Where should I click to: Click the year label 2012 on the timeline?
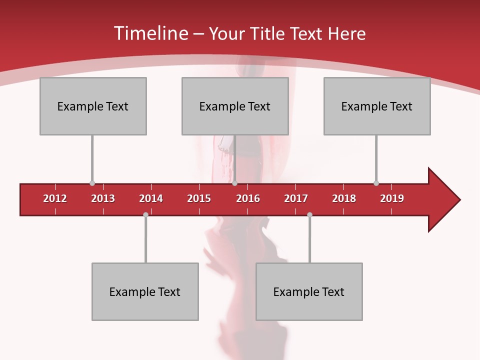click(55, 198)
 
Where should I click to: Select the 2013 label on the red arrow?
click(103, 198)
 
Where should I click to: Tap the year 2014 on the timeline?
click(151, 198)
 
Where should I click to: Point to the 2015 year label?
click(199, 198)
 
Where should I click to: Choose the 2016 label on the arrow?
click(248, 198)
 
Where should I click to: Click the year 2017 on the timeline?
click(296, 198)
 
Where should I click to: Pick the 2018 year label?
click(344, 198)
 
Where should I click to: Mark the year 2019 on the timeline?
click(392, 198)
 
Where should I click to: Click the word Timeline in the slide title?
click(150, 33)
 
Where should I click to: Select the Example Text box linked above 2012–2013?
click(93, 106)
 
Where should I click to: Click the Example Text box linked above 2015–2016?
click(235, 106)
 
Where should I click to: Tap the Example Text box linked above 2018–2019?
click(377, 106)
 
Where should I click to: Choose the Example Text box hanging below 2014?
click(145, 291)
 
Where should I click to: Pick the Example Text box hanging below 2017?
click(309, 291)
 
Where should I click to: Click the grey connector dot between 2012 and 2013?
click(92, 183)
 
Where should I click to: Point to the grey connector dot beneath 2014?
click(145, 214)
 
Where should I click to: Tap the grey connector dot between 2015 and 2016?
click(234, 183)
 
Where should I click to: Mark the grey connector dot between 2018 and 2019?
click(376, 183)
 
